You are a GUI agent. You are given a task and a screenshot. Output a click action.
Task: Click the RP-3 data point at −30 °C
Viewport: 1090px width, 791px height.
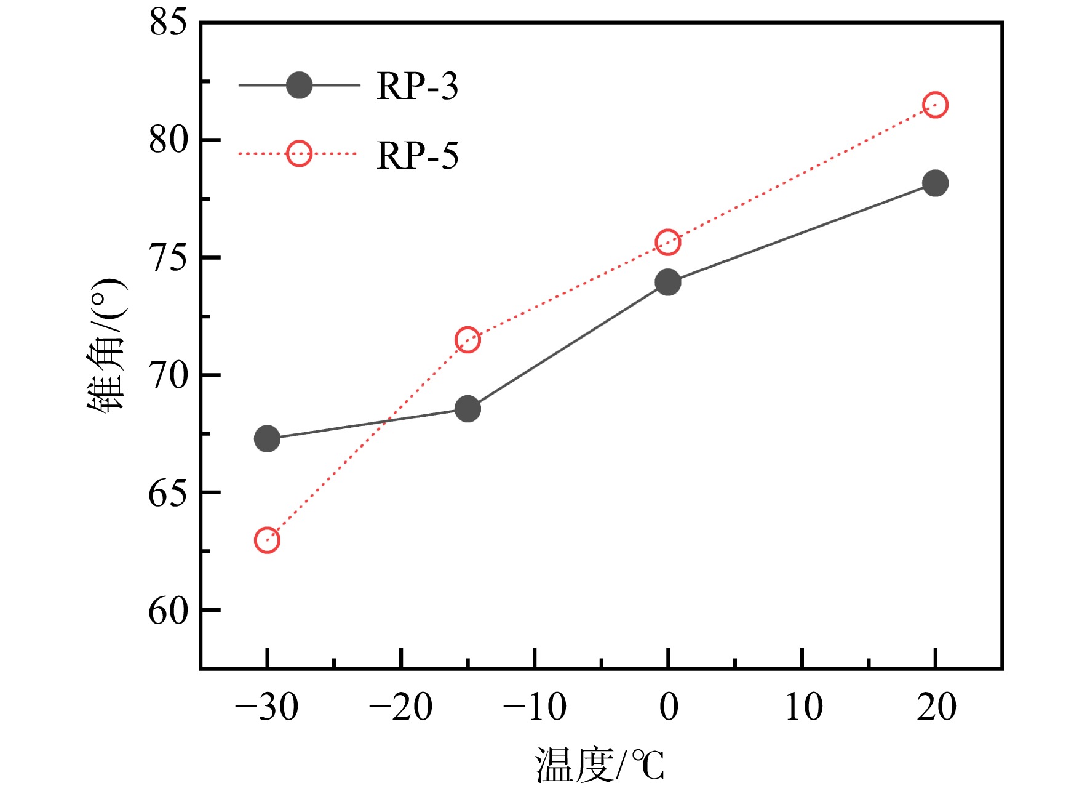[267, 439]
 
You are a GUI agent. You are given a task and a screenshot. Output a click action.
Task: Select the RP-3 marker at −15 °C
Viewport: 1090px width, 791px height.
[467, 409]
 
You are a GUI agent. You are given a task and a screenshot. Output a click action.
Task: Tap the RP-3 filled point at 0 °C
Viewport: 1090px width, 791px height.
[668, 283]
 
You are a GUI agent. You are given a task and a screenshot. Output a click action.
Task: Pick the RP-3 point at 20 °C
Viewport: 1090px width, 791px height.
[935, 183]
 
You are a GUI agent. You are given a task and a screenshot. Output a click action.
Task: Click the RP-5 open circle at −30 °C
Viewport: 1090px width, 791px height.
[267, 540]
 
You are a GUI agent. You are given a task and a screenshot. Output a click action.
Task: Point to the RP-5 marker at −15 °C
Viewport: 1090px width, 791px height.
[467, 340]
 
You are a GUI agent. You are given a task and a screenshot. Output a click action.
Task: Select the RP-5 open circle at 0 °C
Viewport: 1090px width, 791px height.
[668, 243]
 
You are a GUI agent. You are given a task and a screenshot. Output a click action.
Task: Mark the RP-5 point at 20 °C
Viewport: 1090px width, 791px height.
[935, 105]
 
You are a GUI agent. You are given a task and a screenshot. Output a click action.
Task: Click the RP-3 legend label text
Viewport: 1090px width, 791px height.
[418, 86]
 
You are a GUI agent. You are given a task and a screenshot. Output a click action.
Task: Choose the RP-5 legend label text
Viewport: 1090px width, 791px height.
[418, 155]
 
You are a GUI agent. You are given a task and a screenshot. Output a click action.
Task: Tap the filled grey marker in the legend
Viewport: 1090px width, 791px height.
[299, 86]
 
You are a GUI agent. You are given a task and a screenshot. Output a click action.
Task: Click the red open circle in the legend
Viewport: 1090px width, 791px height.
[299, 154]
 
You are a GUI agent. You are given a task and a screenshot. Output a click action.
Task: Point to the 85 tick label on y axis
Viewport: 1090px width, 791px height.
[168, 23]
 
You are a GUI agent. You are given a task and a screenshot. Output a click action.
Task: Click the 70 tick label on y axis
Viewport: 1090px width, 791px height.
[168, 375]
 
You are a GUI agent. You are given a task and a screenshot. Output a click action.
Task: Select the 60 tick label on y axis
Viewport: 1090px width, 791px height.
[168, 611]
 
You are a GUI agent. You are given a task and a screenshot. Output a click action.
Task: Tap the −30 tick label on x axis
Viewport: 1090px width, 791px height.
[267, 707]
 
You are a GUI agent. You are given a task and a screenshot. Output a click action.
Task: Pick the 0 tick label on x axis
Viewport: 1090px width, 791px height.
[669, 707]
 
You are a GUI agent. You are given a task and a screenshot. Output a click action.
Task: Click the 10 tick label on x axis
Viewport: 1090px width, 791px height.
[803, 707]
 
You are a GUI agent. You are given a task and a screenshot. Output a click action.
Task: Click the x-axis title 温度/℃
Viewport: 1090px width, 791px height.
[600, 766]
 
